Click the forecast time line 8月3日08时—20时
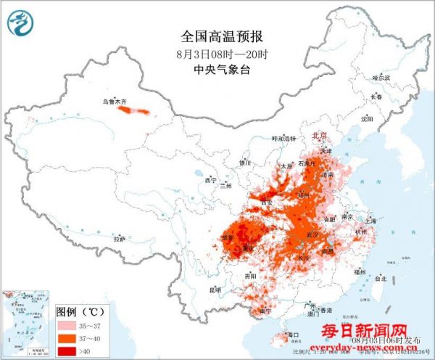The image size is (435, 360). point(217,54)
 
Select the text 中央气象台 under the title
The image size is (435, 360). point(217,70)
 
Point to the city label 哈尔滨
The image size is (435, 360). point(381,77)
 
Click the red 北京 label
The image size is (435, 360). point(319,136)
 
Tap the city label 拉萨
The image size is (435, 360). point(120,238)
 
